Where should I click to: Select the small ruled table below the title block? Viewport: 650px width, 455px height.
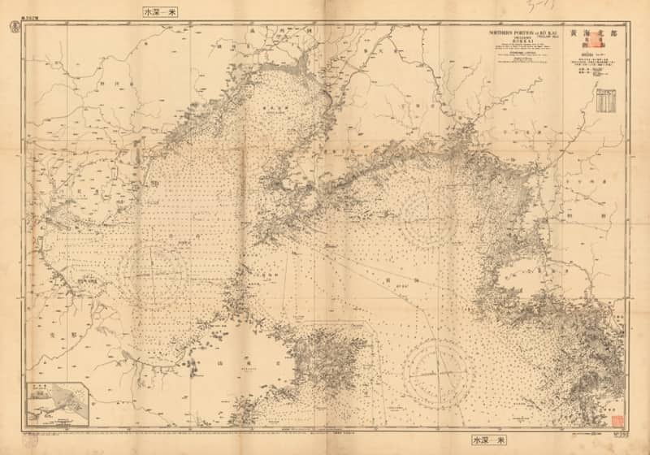click(x=606, y=101)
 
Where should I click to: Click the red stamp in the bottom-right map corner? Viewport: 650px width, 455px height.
click(x=616, y=419)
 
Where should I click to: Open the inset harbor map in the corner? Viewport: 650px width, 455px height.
click(x=56, y=404)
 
